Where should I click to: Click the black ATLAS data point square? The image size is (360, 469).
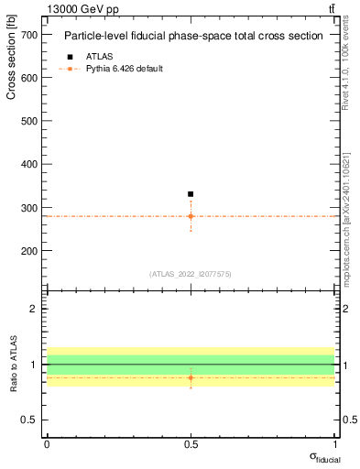coord(191,194)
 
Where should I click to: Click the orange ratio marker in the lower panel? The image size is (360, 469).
coord(191,377)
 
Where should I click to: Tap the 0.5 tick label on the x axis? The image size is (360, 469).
coord(191,443)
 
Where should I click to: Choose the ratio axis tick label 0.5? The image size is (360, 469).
coord(28,420)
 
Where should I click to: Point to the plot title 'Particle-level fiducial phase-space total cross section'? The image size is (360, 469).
coord(193,37)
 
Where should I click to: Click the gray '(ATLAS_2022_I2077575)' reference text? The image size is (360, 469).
coord(191,273)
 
